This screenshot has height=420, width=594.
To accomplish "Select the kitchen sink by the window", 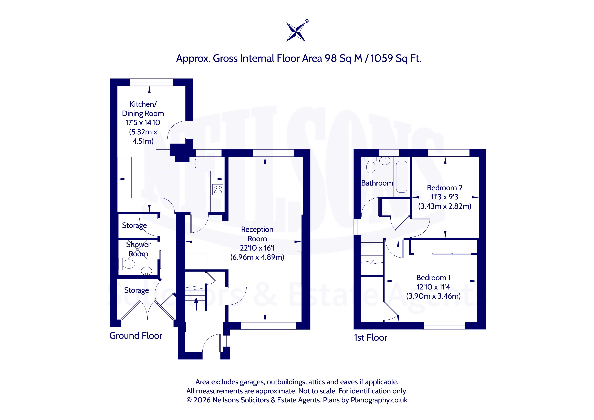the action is click(x=201, y=163).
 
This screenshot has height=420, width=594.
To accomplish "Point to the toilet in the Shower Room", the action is click(x=127, y=264).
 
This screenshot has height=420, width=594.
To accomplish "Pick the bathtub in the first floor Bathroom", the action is click(x=402, y=177).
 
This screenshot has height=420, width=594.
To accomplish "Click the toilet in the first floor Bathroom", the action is click(x=371, y=165).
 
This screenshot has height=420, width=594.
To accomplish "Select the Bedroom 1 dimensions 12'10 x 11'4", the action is click(x=433, y=287).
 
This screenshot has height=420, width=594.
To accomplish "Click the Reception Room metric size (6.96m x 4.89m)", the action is click(x=257, y=257).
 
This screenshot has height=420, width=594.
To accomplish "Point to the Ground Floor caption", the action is click(x=136, y=336).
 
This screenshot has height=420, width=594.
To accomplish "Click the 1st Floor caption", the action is click(x=370, y=338).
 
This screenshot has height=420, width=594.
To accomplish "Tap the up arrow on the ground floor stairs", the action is click(x=196, y=304).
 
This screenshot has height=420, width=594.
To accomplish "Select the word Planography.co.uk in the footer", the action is click(x=379, y=400).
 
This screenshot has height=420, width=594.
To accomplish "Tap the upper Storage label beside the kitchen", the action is click(x=134, y=225).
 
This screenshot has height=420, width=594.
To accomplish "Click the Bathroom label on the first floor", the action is click(x=377, y=183).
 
